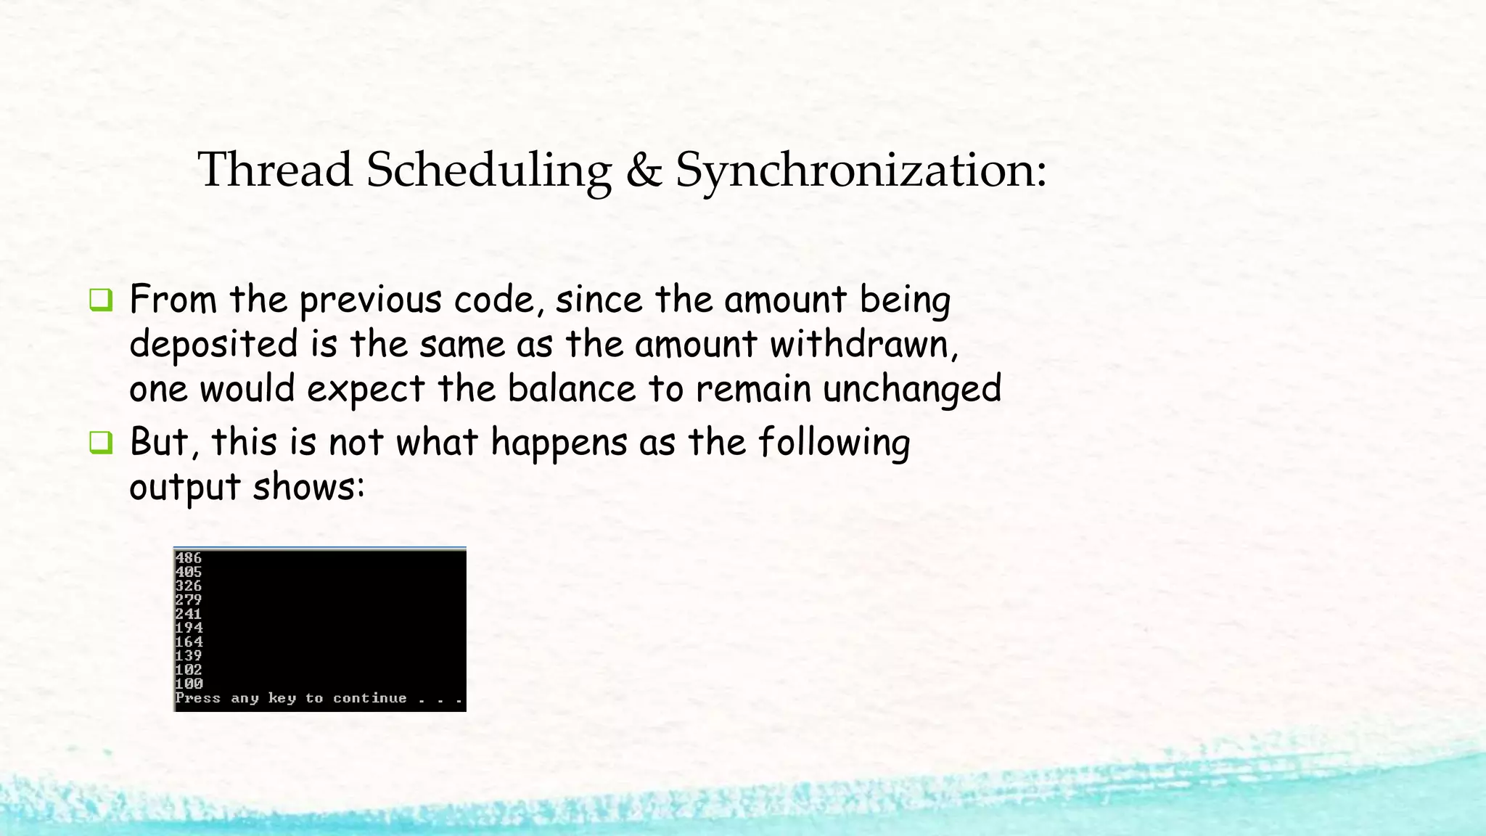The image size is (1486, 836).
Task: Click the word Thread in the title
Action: click(x=275, y=170)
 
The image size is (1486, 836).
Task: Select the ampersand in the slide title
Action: click(x=643, y=170)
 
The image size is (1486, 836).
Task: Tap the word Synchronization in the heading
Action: click(x=861, y=170)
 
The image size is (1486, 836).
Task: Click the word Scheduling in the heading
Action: click(x=488, y=170)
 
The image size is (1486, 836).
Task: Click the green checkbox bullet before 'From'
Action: click(x=101, y=300)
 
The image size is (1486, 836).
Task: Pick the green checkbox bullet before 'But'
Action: click(x=101, y=442)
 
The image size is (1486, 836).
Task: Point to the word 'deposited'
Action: click(x=213, y=344)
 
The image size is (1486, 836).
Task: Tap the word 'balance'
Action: click(x=571, y=389)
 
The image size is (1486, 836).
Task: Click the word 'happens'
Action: click(x=559, y=442)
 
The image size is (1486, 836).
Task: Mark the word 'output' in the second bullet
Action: click(x=184, y=487)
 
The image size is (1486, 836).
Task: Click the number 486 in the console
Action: click(x=188, y=558)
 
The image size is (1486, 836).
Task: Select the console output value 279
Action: click(x=188, y=600)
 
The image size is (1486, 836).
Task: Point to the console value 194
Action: click(x=188, y=628)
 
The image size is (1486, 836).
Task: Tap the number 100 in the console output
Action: click(x=188, y=684)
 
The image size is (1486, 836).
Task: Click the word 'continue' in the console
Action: click(x=369, y=698)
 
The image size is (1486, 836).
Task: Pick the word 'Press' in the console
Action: click(x=197, y=698)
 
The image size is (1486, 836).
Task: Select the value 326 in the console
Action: click(x=188, y=586)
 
